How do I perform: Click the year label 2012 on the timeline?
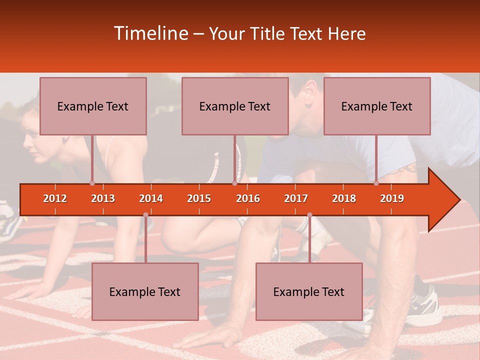pos(55,198)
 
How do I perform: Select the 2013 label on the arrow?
pos(103,198)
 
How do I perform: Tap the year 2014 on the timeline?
pos(151,198)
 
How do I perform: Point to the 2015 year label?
pos(199,198)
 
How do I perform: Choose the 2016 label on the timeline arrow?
pos(248,198)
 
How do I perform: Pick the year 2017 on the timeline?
pos(296,198)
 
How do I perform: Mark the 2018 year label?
pos(344,198)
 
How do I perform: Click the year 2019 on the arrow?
pos(392,198)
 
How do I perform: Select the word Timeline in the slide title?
pos(150,33)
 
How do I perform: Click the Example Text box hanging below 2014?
pos(145,291)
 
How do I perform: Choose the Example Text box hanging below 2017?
pos(309,291)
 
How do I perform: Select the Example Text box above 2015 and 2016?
pos(235,106)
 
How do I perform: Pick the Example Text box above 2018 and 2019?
pos(377,106)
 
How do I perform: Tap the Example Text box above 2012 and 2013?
pos(93,106)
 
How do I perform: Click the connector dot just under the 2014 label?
pos(145,215)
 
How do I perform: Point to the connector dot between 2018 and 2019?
pos(376,183)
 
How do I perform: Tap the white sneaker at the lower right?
pos(425,305)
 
